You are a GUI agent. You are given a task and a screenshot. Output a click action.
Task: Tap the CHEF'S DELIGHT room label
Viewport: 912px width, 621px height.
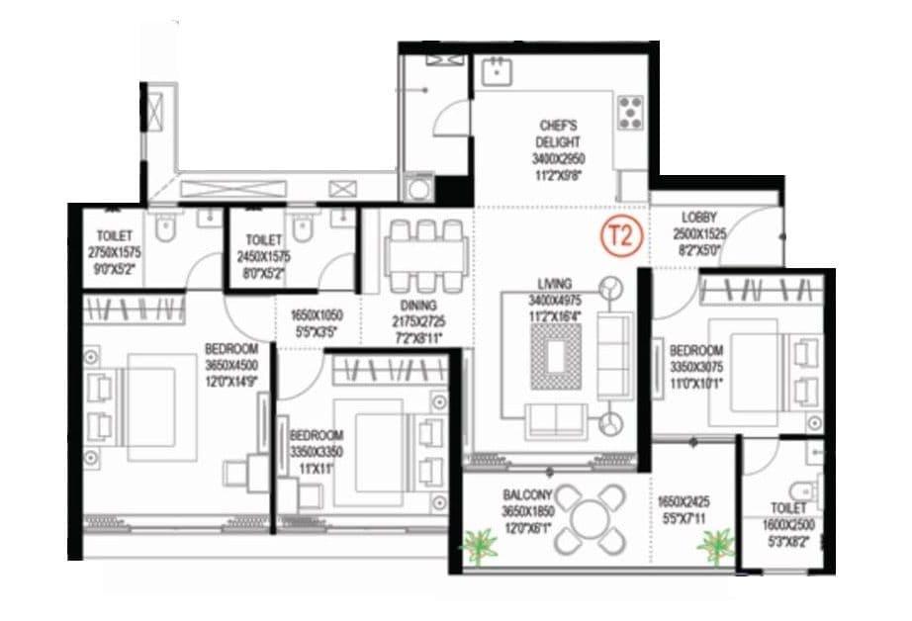559,126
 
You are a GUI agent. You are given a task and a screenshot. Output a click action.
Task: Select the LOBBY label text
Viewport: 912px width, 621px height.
699,217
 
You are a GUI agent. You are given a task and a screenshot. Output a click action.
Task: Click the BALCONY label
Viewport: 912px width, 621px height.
527,494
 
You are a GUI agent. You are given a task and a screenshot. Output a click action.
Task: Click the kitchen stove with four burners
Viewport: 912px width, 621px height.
630,113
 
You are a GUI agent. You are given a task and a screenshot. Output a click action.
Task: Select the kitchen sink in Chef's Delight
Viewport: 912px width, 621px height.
495,71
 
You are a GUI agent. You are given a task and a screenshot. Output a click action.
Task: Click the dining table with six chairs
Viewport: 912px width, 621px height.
426,253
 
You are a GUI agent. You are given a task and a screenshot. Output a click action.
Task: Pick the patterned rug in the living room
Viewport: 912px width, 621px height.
552,353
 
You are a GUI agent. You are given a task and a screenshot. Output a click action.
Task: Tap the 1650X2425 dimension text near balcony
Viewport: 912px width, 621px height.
682,502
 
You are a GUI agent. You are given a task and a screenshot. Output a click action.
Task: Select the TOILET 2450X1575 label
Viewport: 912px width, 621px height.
264,239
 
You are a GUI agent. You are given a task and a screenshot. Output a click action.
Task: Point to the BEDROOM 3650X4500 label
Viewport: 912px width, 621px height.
231,349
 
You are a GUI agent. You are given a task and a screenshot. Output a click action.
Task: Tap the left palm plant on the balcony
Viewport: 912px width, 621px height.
480,546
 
